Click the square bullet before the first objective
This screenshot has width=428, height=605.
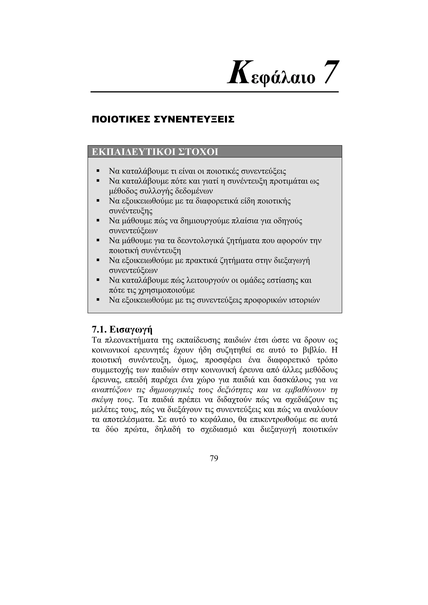tap(98, 171)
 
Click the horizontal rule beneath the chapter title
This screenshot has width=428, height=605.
tap(214, 92)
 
